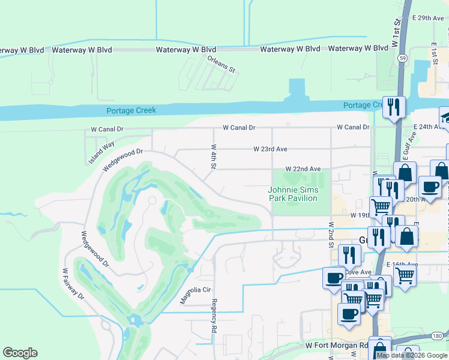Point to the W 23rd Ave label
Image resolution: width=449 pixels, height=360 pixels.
pyautogui.click(x=271, y=149)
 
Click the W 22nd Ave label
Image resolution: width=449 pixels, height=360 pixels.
pyautogui.click(x=303, y=169)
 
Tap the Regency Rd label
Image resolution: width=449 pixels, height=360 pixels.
pyautogui.click(x=213, y=317)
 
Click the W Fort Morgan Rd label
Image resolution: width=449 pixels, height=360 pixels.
pyautogui.click(x=336, y=346)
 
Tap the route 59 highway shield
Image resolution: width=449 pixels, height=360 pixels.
pyautogui.click(x=402, y=58)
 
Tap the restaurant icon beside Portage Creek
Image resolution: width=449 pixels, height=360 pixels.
pyautogui.click(x=394, y=107)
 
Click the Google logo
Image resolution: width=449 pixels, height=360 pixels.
pyautogui.click(x=20, y=353)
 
